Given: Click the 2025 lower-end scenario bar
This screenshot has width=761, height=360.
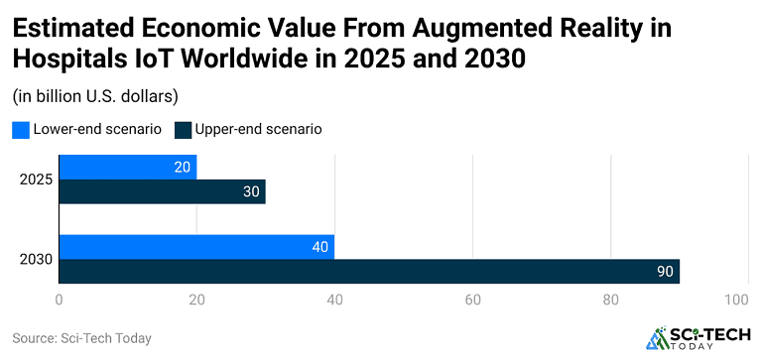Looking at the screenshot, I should click(127, 167).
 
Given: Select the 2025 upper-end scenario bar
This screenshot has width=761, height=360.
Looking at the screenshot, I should click(162, 191).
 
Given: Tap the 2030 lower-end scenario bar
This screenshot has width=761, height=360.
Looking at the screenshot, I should click(196, 247).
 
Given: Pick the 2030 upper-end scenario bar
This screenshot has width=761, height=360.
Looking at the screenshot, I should click(369, 272).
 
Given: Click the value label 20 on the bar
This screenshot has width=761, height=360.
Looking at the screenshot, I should click(182, 168).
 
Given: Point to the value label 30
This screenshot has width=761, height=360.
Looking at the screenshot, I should click(251, 192).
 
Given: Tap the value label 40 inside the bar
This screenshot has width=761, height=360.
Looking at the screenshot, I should click(319, 248).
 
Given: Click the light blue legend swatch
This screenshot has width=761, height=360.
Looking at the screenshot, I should click(20, 130).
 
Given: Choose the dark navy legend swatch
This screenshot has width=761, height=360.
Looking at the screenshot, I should click(182, 130).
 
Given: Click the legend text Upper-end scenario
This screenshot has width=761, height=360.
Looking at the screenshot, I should click(258, 129).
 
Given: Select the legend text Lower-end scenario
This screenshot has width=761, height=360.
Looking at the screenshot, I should click(97, 129).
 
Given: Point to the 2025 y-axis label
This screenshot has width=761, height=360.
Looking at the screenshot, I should click(36, 180).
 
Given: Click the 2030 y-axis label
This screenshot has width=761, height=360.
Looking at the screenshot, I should click(36, 260).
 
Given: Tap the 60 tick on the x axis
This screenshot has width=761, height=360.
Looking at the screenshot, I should click(472, 300).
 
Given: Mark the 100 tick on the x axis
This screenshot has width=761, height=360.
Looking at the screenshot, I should click(736, 300).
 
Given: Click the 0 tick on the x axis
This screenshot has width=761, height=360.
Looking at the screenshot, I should click(60, 300).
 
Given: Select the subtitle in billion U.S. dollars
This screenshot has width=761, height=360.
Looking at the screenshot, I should click(94, 96).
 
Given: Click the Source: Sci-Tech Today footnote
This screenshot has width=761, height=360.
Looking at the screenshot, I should click(81, 338).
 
